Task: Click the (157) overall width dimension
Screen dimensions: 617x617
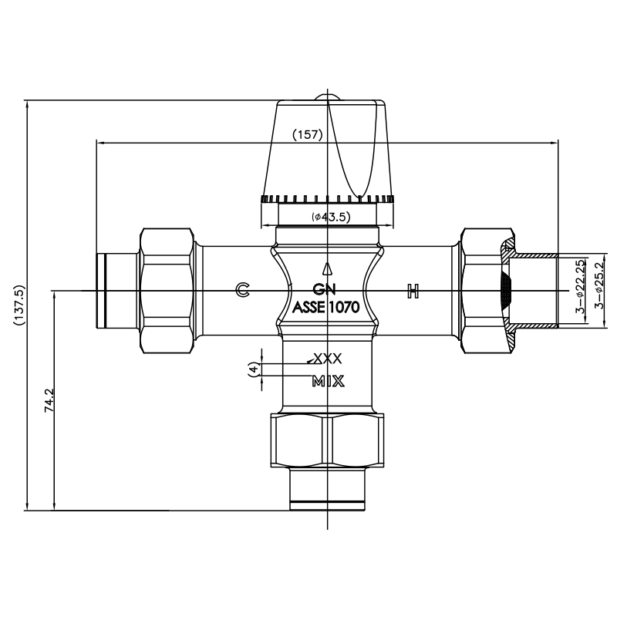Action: (308, 134)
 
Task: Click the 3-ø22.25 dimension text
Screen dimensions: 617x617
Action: (579, 287)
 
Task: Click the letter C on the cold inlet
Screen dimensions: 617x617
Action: (242, 290)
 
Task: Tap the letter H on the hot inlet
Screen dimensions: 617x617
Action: (413, 291)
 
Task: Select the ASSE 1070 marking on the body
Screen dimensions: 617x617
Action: (326, 307)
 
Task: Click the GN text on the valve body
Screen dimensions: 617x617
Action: (325, 290)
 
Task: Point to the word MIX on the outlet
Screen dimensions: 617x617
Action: (328, 381)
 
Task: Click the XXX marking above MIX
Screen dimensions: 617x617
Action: (325, 359)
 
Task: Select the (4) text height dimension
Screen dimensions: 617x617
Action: (252, 369)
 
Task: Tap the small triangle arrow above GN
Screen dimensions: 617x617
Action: (328, 269)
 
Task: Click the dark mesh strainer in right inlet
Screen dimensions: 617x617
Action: (505, 291)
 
